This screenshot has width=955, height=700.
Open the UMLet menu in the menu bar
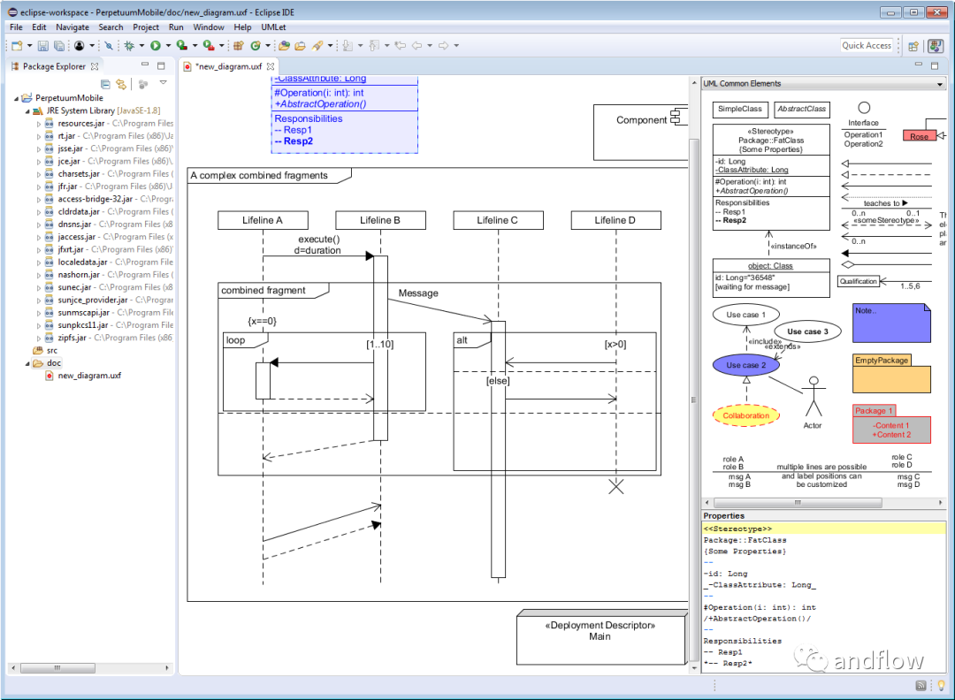[273, 27]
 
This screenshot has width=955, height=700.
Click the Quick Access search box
[867, 45]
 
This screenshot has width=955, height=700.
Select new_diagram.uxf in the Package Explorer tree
[89, 376]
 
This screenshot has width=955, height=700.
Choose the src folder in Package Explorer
[52, 350]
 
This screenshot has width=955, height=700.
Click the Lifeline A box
[263, 220]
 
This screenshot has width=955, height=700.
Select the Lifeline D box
[615, 220]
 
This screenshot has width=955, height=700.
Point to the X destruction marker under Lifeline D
[615, 485]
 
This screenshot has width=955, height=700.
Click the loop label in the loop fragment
[235, 340]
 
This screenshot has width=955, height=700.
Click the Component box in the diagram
[641, 121]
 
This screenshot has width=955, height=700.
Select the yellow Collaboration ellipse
[745, 415]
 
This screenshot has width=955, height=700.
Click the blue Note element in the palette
[891, 323]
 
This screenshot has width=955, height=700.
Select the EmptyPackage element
[891, 374]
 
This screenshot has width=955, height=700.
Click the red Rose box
[920, 136]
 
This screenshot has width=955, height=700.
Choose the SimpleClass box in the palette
[740, 110]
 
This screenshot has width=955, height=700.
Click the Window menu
[209, 27]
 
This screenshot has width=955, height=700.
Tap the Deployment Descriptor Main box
[600, 637]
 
